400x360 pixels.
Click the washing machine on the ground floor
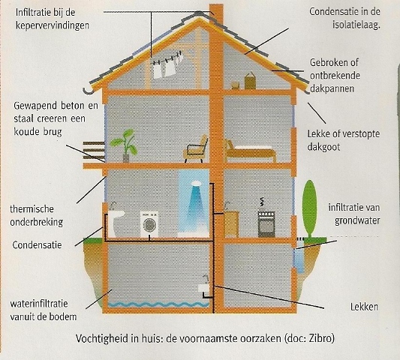[149, 224]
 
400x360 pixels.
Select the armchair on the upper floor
[195, 149]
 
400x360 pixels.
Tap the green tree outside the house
[309, 209]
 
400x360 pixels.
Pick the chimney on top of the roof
[216, 14]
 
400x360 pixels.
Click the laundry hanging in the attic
[167, 65]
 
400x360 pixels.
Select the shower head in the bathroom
[196, 183]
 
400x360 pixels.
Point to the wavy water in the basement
[158, 304]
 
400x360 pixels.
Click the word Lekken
[364, 307]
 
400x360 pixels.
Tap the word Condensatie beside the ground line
[37, 245]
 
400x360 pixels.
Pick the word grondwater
[357, 220]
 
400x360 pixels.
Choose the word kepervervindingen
[53, 25]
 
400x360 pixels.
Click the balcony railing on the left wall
[94, 151]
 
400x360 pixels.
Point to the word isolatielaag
[356, 25]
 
